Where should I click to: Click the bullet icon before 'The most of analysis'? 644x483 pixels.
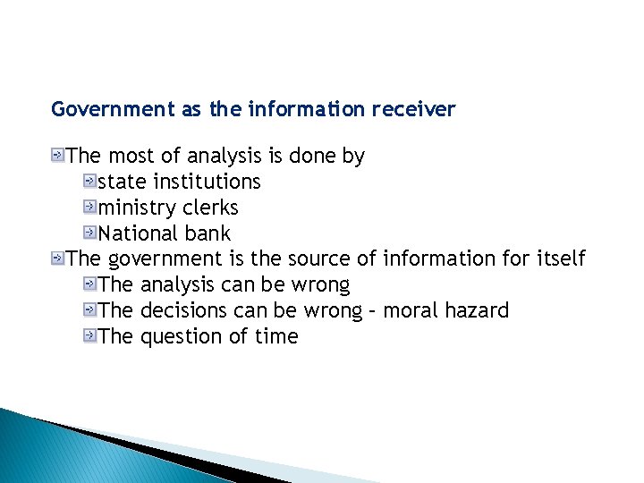(58, 156)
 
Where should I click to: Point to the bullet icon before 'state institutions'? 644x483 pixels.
(89, 182)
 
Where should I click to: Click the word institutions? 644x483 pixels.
(207, 182)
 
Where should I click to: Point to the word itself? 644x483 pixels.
(561, 259)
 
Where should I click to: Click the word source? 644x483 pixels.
(318, 259)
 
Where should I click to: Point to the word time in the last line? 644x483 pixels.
(276, 337)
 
